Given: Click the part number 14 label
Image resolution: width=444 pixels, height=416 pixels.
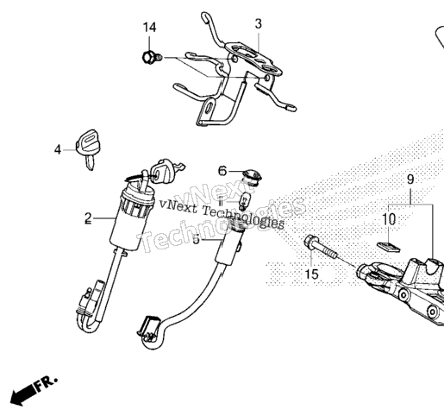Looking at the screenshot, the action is (x=150, y=28).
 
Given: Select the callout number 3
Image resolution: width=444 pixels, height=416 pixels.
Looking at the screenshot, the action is (x=259, y=24).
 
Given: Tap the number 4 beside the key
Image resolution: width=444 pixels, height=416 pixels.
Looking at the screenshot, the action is (x=58, y=150).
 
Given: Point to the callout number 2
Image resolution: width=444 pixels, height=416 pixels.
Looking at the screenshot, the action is (x=88, y=218).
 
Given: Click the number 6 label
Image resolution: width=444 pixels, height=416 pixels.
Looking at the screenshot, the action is (x=222, y=171).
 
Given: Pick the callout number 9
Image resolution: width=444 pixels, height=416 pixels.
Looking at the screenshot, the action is (x=410, y=180).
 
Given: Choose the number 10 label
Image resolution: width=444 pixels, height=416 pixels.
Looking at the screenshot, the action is (x=389, y=219).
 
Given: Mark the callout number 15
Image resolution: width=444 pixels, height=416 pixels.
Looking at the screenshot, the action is (x=311, y=274).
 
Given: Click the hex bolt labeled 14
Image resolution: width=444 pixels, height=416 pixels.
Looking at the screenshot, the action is (x=152, y=58).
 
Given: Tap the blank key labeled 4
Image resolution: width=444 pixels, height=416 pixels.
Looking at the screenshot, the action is (x=86, y=148).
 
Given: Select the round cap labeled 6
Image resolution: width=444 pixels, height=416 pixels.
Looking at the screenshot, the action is (x=253, y=176).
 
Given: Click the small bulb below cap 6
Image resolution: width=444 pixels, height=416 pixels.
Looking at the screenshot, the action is (x=245, y=201).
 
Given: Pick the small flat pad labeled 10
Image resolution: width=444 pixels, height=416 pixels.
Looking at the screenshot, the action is (x=388, y=247).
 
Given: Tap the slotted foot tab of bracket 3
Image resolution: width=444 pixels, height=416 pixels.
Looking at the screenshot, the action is (x=208, y=110).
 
